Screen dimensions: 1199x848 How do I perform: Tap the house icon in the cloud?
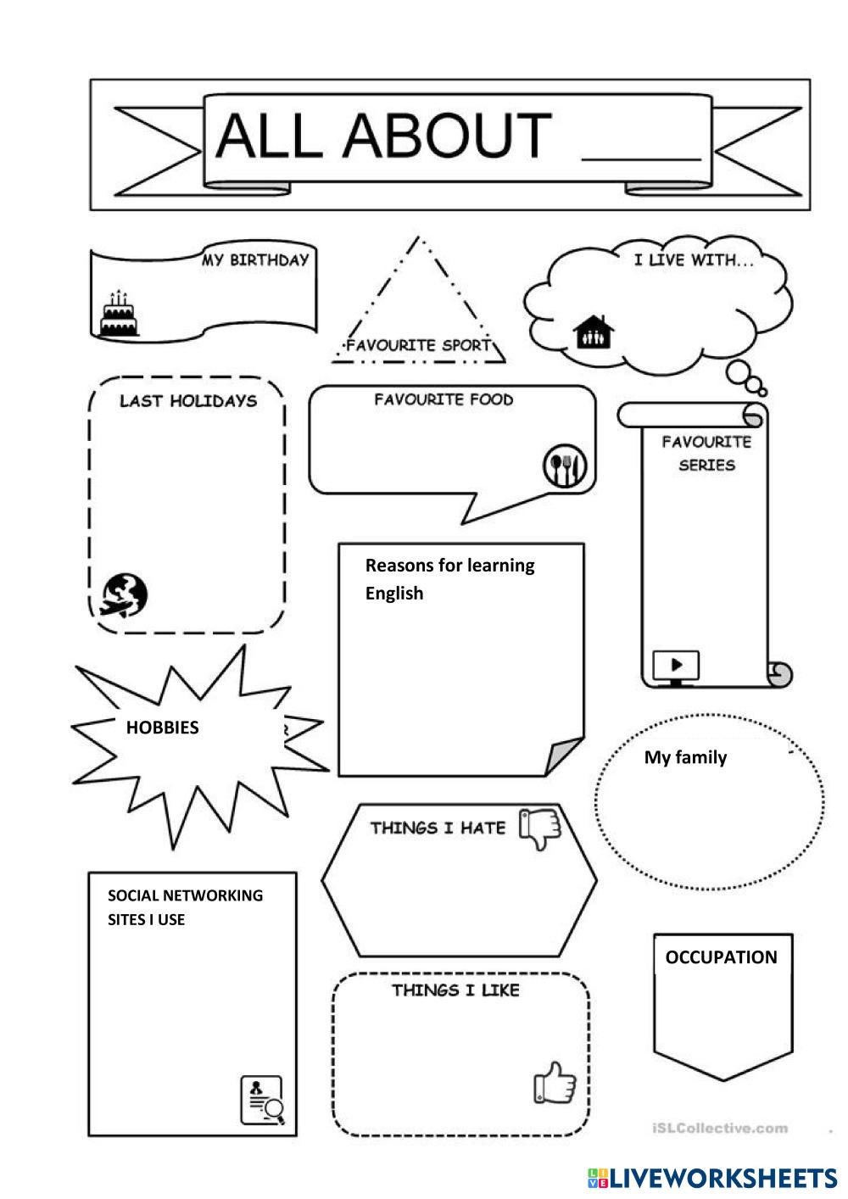594,332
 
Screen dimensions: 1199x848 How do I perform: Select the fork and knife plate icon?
565,466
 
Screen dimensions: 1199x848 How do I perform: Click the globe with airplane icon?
126,594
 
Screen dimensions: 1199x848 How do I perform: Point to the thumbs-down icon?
540,828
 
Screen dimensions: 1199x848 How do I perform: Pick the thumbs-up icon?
555,1084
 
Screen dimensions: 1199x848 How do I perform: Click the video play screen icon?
676,665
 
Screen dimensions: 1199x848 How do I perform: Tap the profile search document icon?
262,1100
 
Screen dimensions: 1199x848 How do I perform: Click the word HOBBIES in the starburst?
162,728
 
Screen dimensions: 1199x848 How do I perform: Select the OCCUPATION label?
721,957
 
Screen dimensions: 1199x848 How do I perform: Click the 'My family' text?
685,757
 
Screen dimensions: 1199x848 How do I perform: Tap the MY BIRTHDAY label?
254,260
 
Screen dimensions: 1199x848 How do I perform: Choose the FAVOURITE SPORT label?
418,345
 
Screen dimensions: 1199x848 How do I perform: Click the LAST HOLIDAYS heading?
187,401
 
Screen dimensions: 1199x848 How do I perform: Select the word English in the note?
394,594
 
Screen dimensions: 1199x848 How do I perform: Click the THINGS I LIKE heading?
455,990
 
